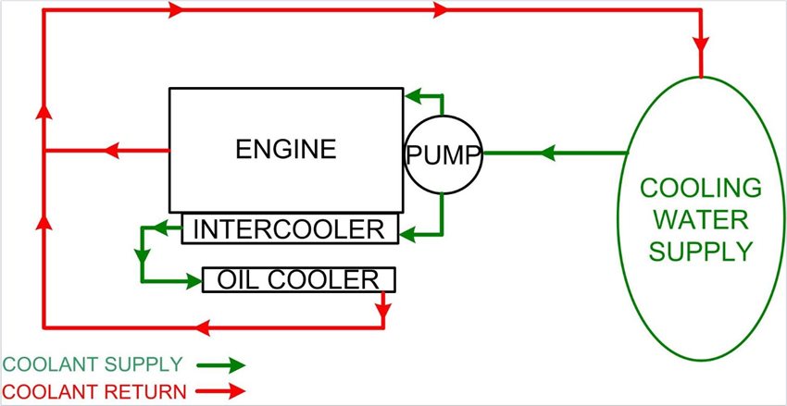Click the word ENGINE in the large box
[285, 149]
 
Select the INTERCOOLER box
[290, 228]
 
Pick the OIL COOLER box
[298, 279]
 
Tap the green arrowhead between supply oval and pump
[547, 153]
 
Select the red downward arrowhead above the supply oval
[702, 43]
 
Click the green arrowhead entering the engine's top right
[414, 93]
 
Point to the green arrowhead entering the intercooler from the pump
[408, 235]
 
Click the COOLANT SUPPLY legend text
[93, 363]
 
